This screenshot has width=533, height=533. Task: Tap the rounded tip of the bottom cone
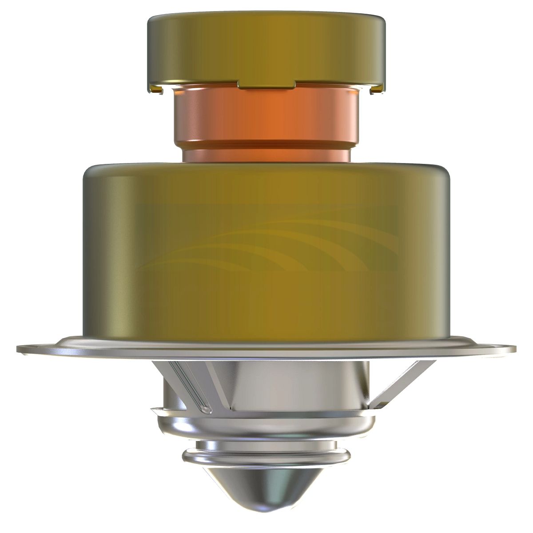click(266, 506)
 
